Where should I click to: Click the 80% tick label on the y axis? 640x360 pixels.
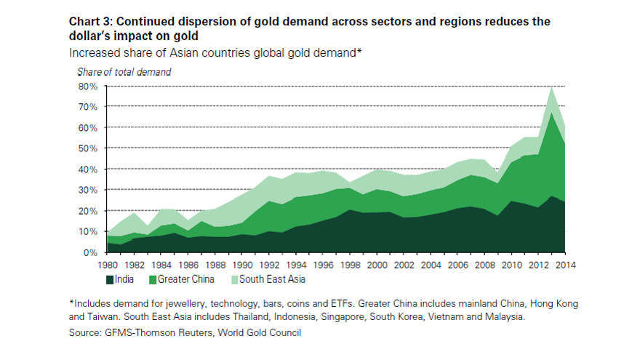click(88, 86)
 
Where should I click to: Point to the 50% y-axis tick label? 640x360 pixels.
click(88, 148)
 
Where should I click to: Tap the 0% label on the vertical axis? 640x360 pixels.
click(90, 252)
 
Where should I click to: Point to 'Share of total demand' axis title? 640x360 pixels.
click(124, 71)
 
